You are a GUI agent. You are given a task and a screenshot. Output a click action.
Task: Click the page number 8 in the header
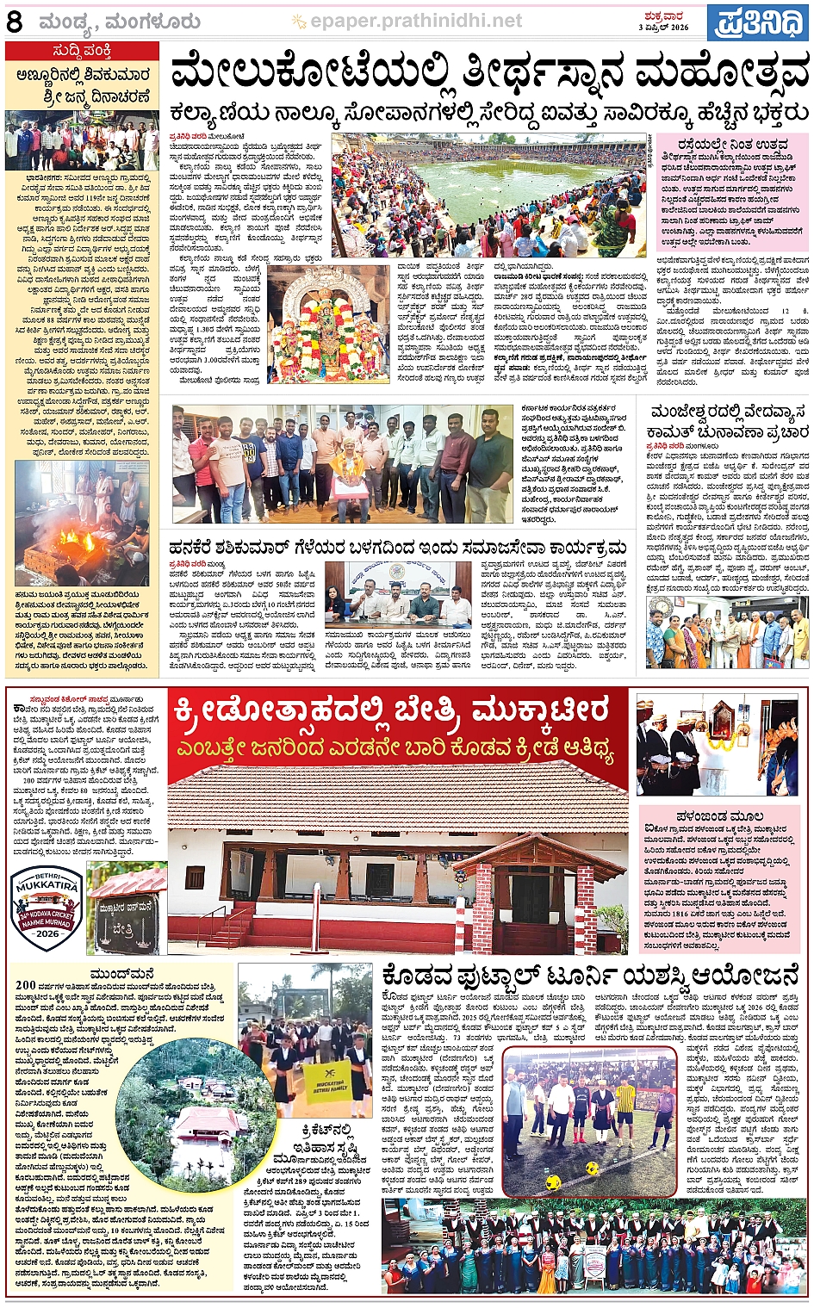click(x=14, y=21)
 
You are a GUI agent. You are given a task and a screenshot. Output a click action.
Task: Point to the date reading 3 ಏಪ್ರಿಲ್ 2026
click(x=663, y=28)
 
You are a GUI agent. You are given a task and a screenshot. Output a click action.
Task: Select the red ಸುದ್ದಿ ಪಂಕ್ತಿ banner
click(x=82, y=52)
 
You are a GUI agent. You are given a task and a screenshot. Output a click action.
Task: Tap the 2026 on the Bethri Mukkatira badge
click(x=47, y=933)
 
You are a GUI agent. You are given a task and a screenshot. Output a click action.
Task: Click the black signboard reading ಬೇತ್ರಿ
click(x=127, y=927)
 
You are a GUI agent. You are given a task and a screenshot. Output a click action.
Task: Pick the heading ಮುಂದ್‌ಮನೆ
click(x=122, y=974)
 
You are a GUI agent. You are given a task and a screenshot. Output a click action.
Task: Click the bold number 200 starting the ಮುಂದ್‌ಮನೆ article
click(x=25, y=985)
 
